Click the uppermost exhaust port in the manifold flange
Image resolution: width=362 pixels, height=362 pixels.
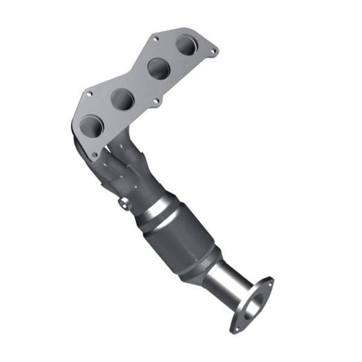[187, 45]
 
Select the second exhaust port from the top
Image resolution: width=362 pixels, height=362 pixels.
[159, 68]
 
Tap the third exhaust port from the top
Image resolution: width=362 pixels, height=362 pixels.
[122, 98]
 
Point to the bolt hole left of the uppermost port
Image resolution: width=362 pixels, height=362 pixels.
[155, 39]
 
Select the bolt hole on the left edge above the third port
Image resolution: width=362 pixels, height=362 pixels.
[89, 94]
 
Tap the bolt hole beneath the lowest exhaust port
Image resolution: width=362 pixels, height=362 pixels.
[94, 155]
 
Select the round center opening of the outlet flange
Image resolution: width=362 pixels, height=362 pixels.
[253, 305]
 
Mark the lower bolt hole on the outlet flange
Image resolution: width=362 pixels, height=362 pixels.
[237, 329]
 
